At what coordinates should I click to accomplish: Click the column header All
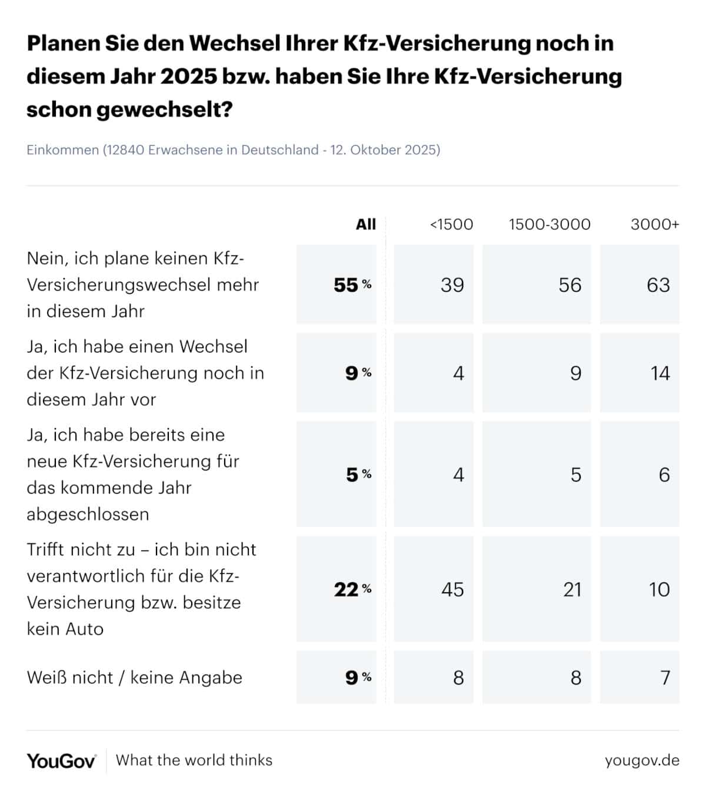coord(365,224)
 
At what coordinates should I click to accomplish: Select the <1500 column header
coord(451,224)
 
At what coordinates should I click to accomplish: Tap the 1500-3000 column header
coord(550,224)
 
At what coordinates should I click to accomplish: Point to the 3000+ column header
coord(654,224)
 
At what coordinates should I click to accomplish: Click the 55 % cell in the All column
coord(352,285)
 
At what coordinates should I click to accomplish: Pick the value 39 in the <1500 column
coord(452,285)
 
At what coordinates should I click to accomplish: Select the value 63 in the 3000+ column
coord(658,285)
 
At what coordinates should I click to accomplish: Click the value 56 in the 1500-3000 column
coord(570,285)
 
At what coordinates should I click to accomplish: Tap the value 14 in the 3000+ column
coord(660,373)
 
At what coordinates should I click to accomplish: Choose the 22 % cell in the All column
coord(352,589)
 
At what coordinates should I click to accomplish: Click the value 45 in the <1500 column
coord(452,589)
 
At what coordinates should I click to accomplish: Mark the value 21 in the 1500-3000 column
coord(572,589)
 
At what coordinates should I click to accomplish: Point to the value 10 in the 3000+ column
coord(659,589)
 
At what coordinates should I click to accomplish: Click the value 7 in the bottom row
coord(665,677)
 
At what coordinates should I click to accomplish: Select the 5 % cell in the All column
coord(358,475)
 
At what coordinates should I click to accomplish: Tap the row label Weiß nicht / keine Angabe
coord(134,677)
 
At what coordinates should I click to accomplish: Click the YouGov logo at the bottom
coord(61,760)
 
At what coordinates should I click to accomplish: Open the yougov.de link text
coord(642,760)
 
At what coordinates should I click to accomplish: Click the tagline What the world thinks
coord(194,760)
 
